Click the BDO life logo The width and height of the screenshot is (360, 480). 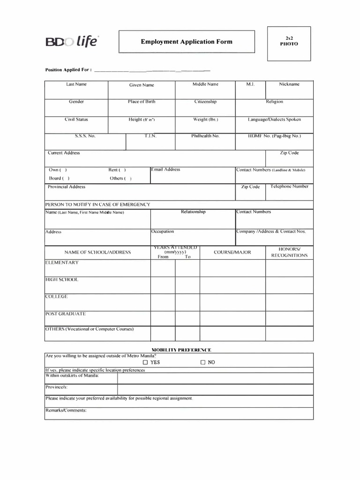pos(72,42)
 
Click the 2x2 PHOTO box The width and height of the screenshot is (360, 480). pos(289,44)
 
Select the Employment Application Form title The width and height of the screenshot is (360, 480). pos(187,42)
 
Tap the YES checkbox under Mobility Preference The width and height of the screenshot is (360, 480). pos(145,362)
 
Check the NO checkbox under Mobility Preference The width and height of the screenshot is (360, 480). pos(203,362)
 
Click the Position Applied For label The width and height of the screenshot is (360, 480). pos(68,70)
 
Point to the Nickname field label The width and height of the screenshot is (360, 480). pos(289,84)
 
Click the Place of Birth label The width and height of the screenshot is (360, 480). pos(142,102)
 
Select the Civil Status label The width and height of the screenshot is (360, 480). pos(76,120)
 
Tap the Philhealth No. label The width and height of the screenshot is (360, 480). pos(205,136)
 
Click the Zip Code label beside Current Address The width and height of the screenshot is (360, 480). pos(289,153)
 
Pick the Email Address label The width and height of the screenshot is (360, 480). pos(165,170)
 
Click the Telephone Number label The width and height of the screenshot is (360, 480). pos(289,187)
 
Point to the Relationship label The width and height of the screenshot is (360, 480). pos(193,212)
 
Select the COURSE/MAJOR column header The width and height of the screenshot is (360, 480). pos(232,252)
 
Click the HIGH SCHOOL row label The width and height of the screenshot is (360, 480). pos(62,279)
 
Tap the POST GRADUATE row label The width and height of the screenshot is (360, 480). pos(66,314)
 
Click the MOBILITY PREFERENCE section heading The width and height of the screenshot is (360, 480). pos(181,350)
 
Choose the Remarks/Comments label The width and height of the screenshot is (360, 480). pos(66,410)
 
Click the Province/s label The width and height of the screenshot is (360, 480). pos(57,387)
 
